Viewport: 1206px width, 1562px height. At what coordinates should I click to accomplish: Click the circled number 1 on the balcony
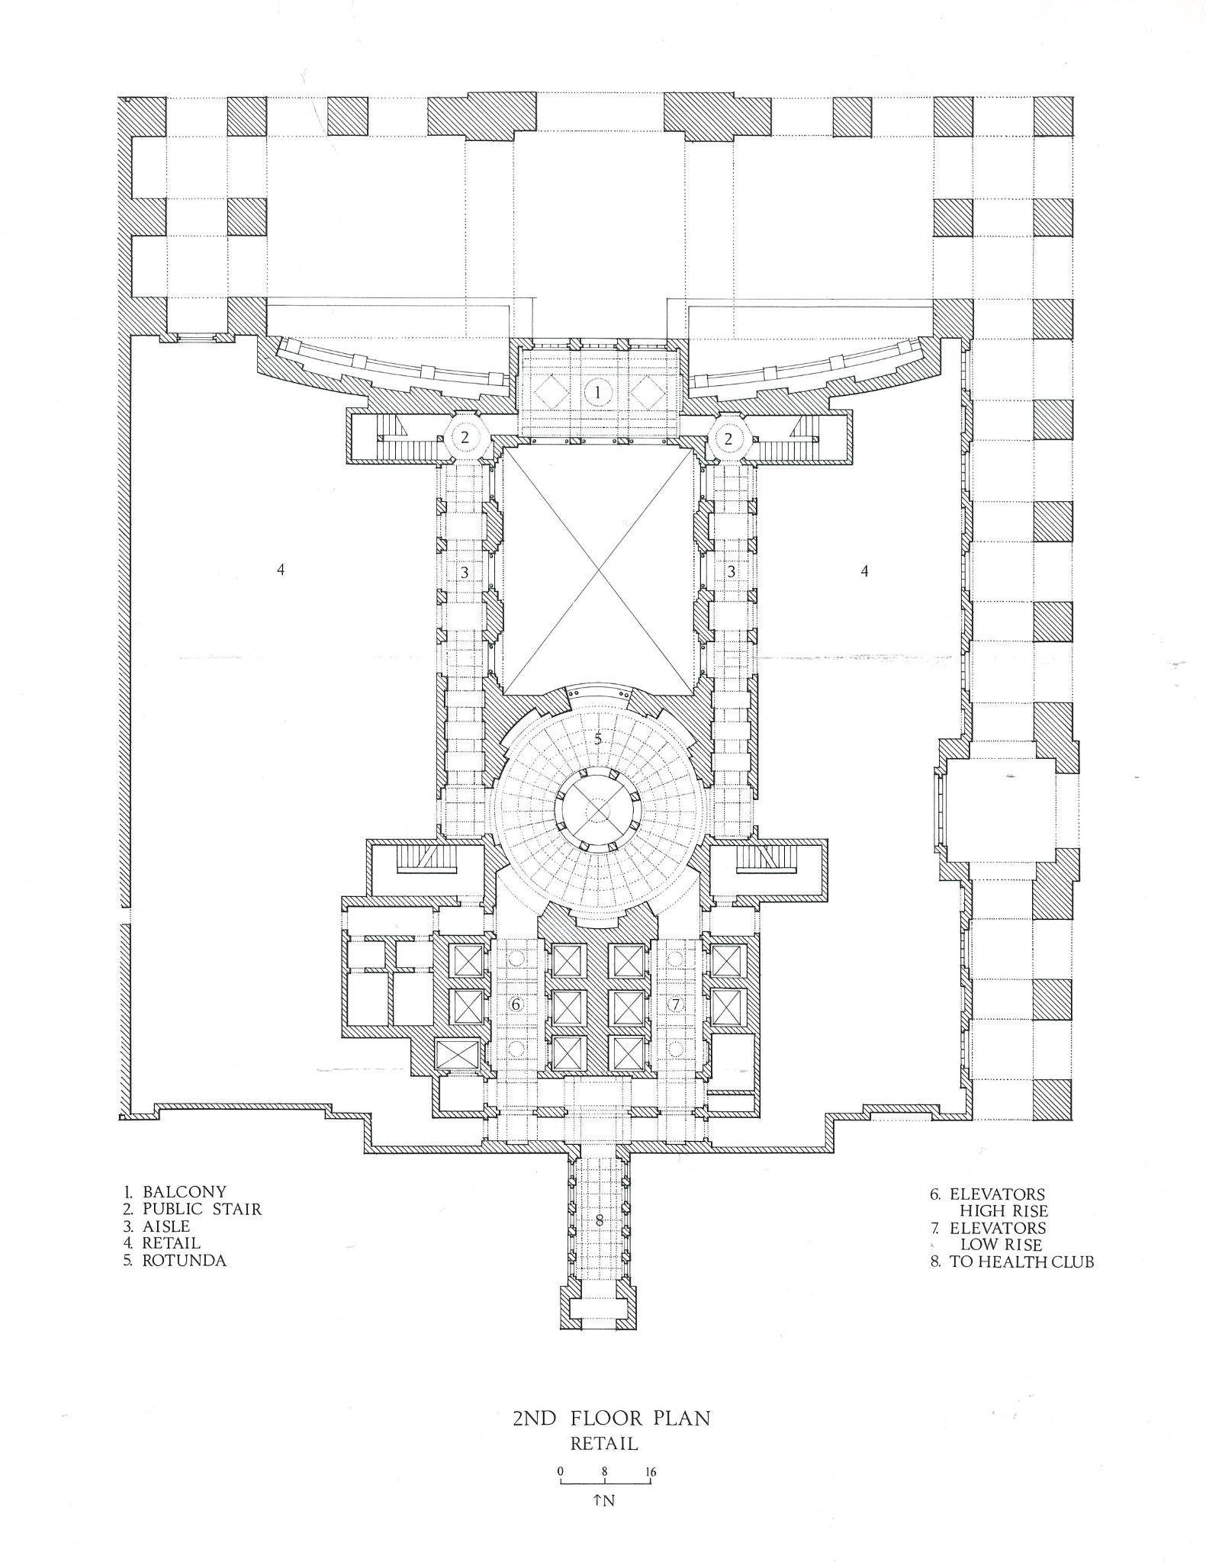598,394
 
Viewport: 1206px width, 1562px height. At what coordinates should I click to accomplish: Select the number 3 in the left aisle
464,571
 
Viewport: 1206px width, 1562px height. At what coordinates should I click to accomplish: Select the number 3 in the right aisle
731,571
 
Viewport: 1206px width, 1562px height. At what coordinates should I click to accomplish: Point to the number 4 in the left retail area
281,569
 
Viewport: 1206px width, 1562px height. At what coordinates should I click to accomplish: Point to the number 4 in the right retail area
864,570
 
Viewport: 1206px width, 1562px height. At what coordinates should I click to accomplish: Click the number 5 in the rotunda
598,738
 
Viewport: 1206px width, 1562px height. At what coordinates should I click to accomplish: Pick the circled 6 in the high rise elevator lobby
516,1004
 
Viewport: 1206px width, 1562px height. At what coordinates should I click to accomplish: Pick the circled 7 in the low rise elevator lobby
675,1004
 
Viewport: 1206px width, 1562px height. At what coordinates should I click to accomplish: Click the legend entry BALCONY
184,1191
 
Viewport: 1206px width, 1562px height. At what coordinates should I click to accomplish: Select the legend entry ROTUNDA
184,1260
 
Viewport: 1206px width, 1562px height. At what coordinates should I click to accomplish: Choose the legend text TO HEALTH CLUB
1021,1261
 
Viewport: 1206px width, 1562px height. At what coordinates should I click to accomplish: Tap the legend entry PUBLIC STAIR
201,1209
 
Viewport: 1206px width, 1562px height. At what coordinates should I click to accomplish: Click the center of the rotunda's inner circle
598,808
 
